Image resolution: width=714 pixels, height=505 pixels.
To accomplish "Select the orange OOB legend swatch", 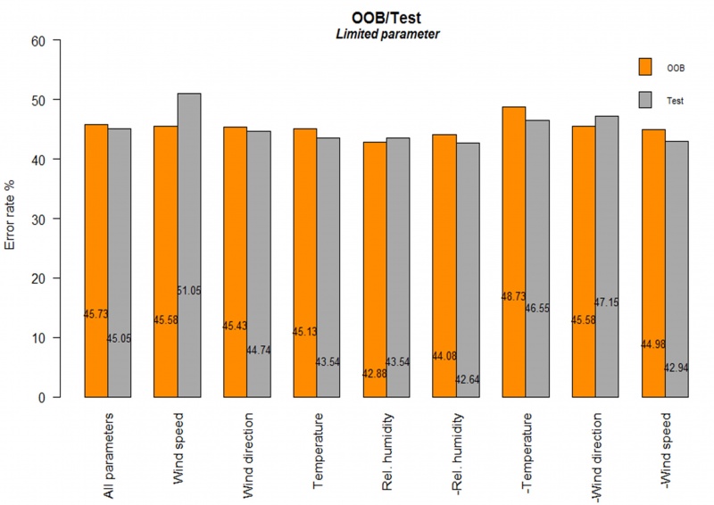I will (x=645, y=67).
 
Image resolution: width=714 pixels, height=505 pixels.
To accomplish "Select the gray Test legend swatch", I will (x=645, y=100).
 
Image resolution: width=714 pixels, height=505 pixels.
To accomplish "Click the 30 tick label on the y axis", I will (x=43, y=219).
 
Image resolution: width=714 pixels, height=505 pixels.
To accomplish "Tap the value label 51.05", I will (x=189, y=291).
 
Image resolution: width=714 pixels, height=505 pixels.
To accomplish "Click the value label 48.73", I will (x=514, y=296).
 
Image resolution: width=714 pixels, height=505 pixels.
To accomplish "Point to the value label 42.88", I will (x=375, y=373).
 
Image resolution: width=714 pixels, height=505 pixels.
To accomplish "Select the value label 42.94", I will (x=677, y=368).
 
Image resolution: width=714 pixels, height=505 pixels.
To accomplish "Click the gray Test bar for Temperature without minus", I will (x=328, y=268).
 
